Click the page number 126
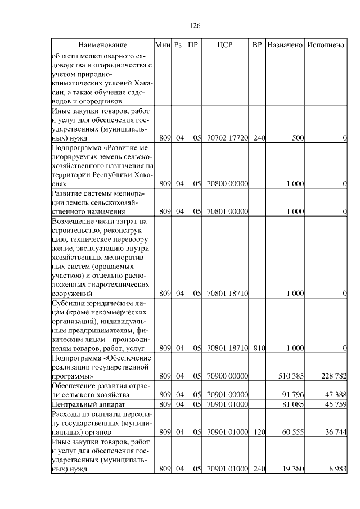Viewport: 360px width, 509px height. click(x=195, y=26)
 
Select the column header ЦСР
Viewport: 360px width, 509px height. click(x=228, y=44)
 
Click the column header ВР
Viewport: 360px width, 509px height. click(x=257, y=44)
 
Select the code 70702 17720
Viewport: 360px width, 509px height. click(x=228, y=137)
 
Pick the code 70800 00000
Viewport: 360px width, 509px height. click(x=228, y=183)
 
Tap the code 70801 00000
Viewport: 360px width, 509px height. click(x=228, y=211)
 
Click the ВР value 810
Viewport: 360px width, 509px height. click(x=258, y=349)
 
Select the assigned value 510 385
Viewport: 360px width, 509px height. click(x=291, y=376)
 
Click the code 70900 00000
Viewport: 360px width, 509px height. click(x=228, y=376)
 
